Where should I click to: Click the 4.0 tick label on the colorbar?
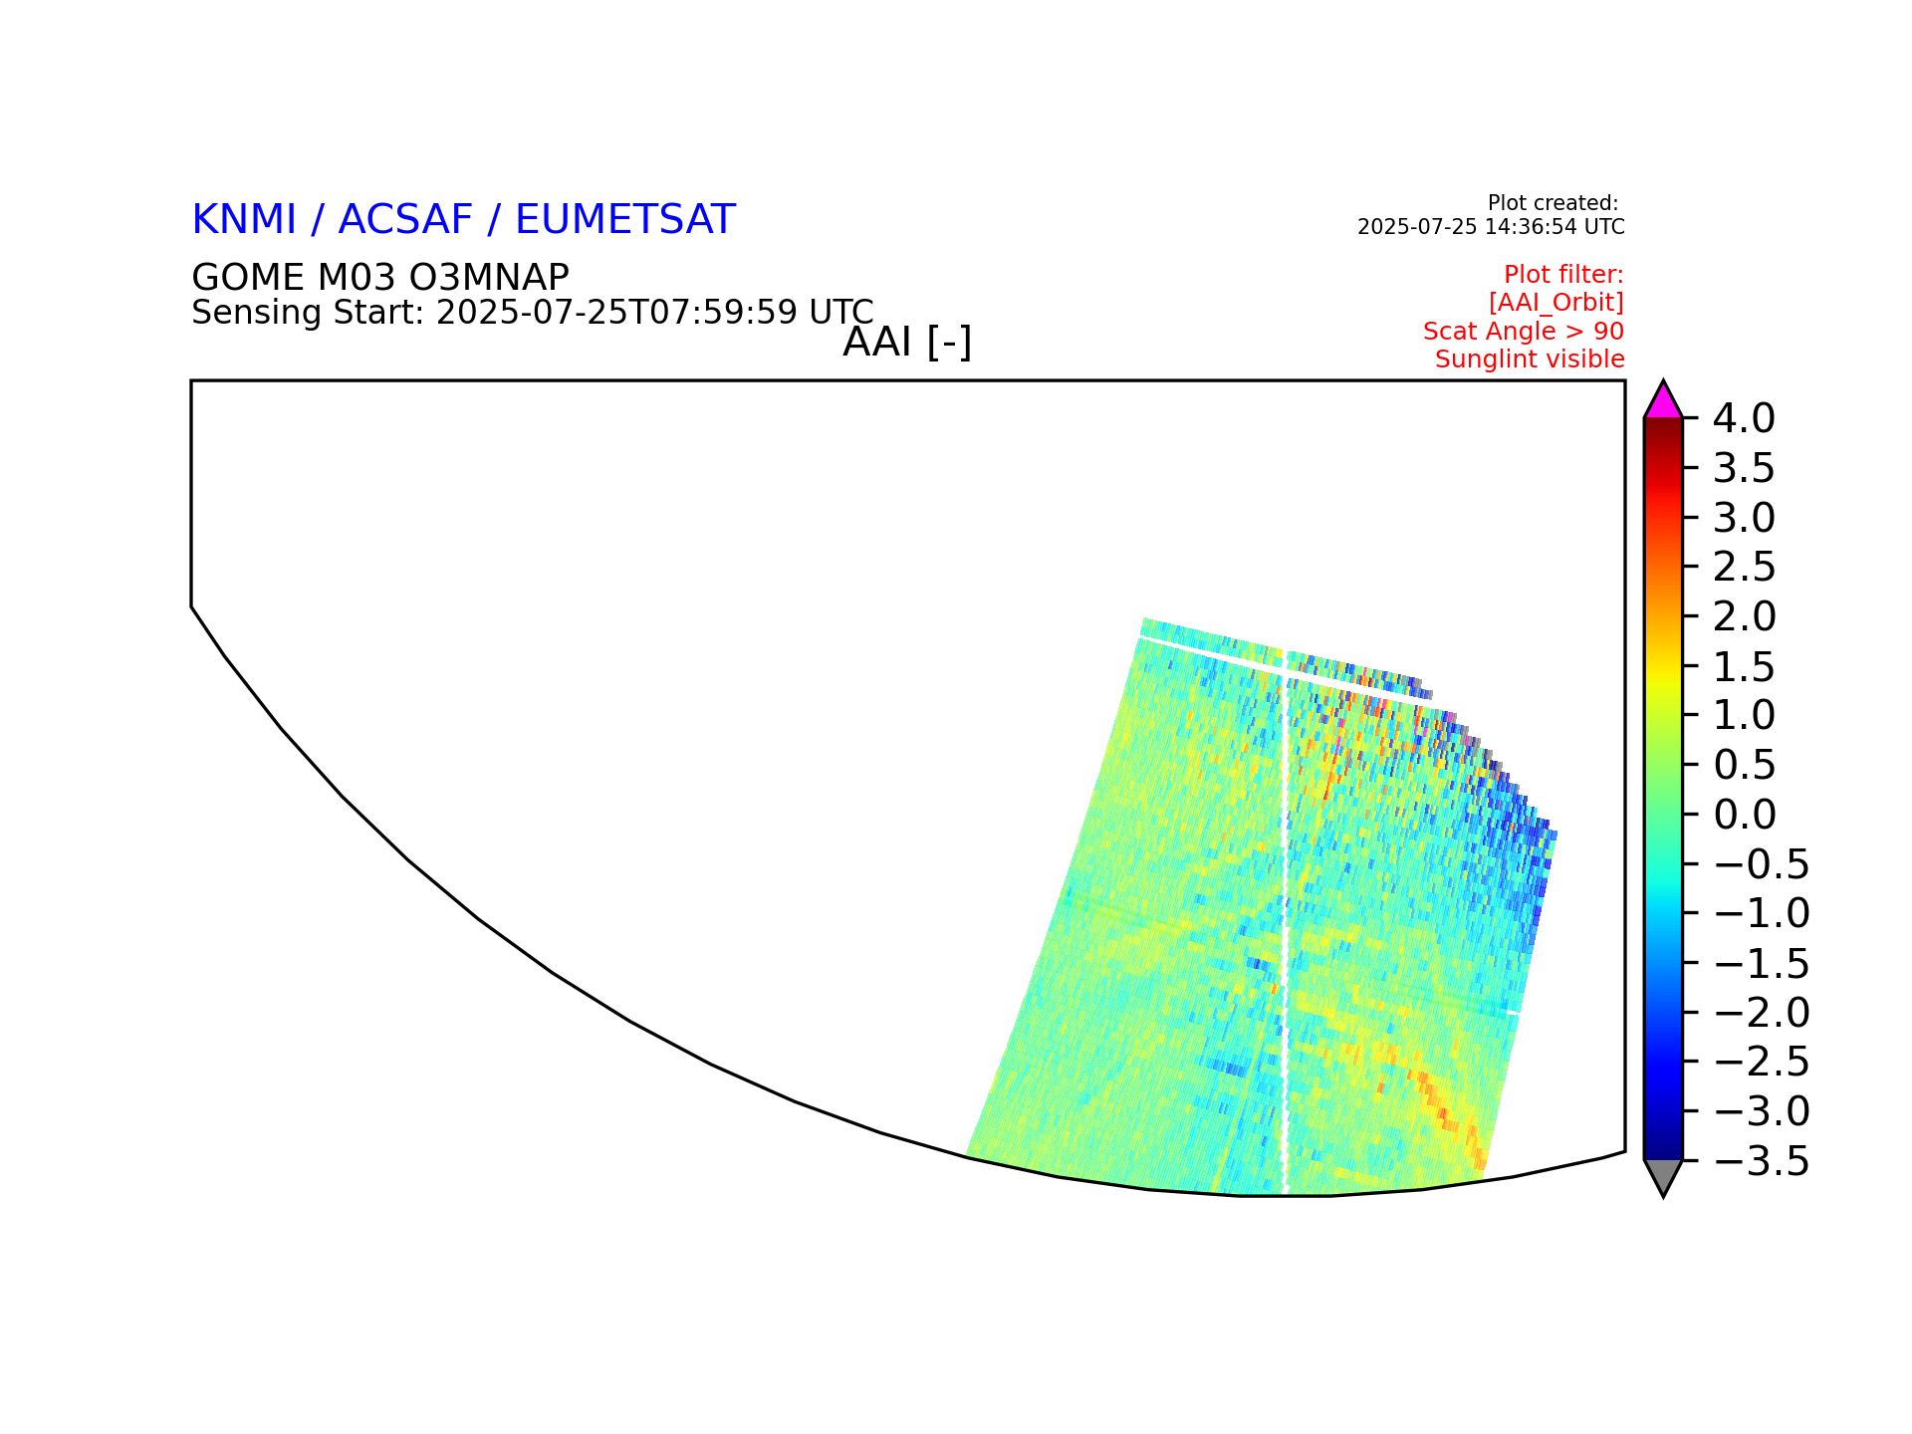pyautogui.click(x=1744, y=419)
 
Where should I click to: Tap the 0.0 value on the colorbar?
pyautogui.click(x=1745, y=815)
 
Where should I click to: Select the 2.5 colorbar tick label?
pyautogui.click(x=1745, y=568)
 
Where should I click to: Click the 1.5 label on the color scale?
pyautogui.click(x=1744, y=666)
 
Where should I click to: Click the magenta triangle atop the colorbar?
pyautogui.click(x=1663, y=400)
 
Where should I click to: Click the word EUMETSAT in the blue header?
pyautogui.click(x=625, y=220)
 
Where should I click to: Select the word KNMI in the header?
pyautogui.click(x=244, y=220)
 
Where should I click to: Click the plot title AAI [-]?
pyautogui.click(x=907, y=343)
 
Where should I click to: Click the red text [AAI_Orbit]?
pyautogui.click(x=1556, y=303)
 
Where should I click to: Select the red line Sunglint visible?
pyautogui.click(x=1530, y=359)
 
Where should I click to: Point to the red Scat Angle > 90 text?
pyautogui.click(x=1524, y=332)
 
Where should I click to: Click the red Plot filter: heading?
pyautogui.click(x=1563, y=274)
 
